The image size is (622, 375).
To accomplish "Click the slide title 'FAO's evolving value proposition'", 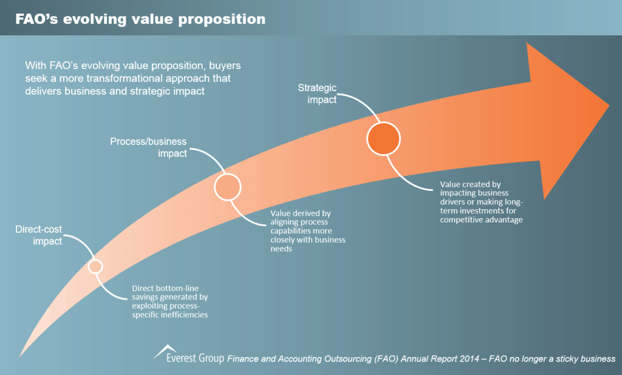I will point(141,19).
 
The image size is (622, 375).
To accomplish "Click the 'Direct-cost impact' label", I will point(39,235).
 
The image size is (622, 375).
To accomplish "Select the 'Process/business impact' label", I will point(148,148).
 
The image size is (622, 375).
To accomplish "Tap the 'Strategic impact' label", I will point(317,94).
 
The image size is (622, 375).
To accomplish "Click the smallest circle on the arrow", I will point(95,266).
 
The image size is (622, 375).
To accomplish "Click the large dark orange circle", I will point(383,139).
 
